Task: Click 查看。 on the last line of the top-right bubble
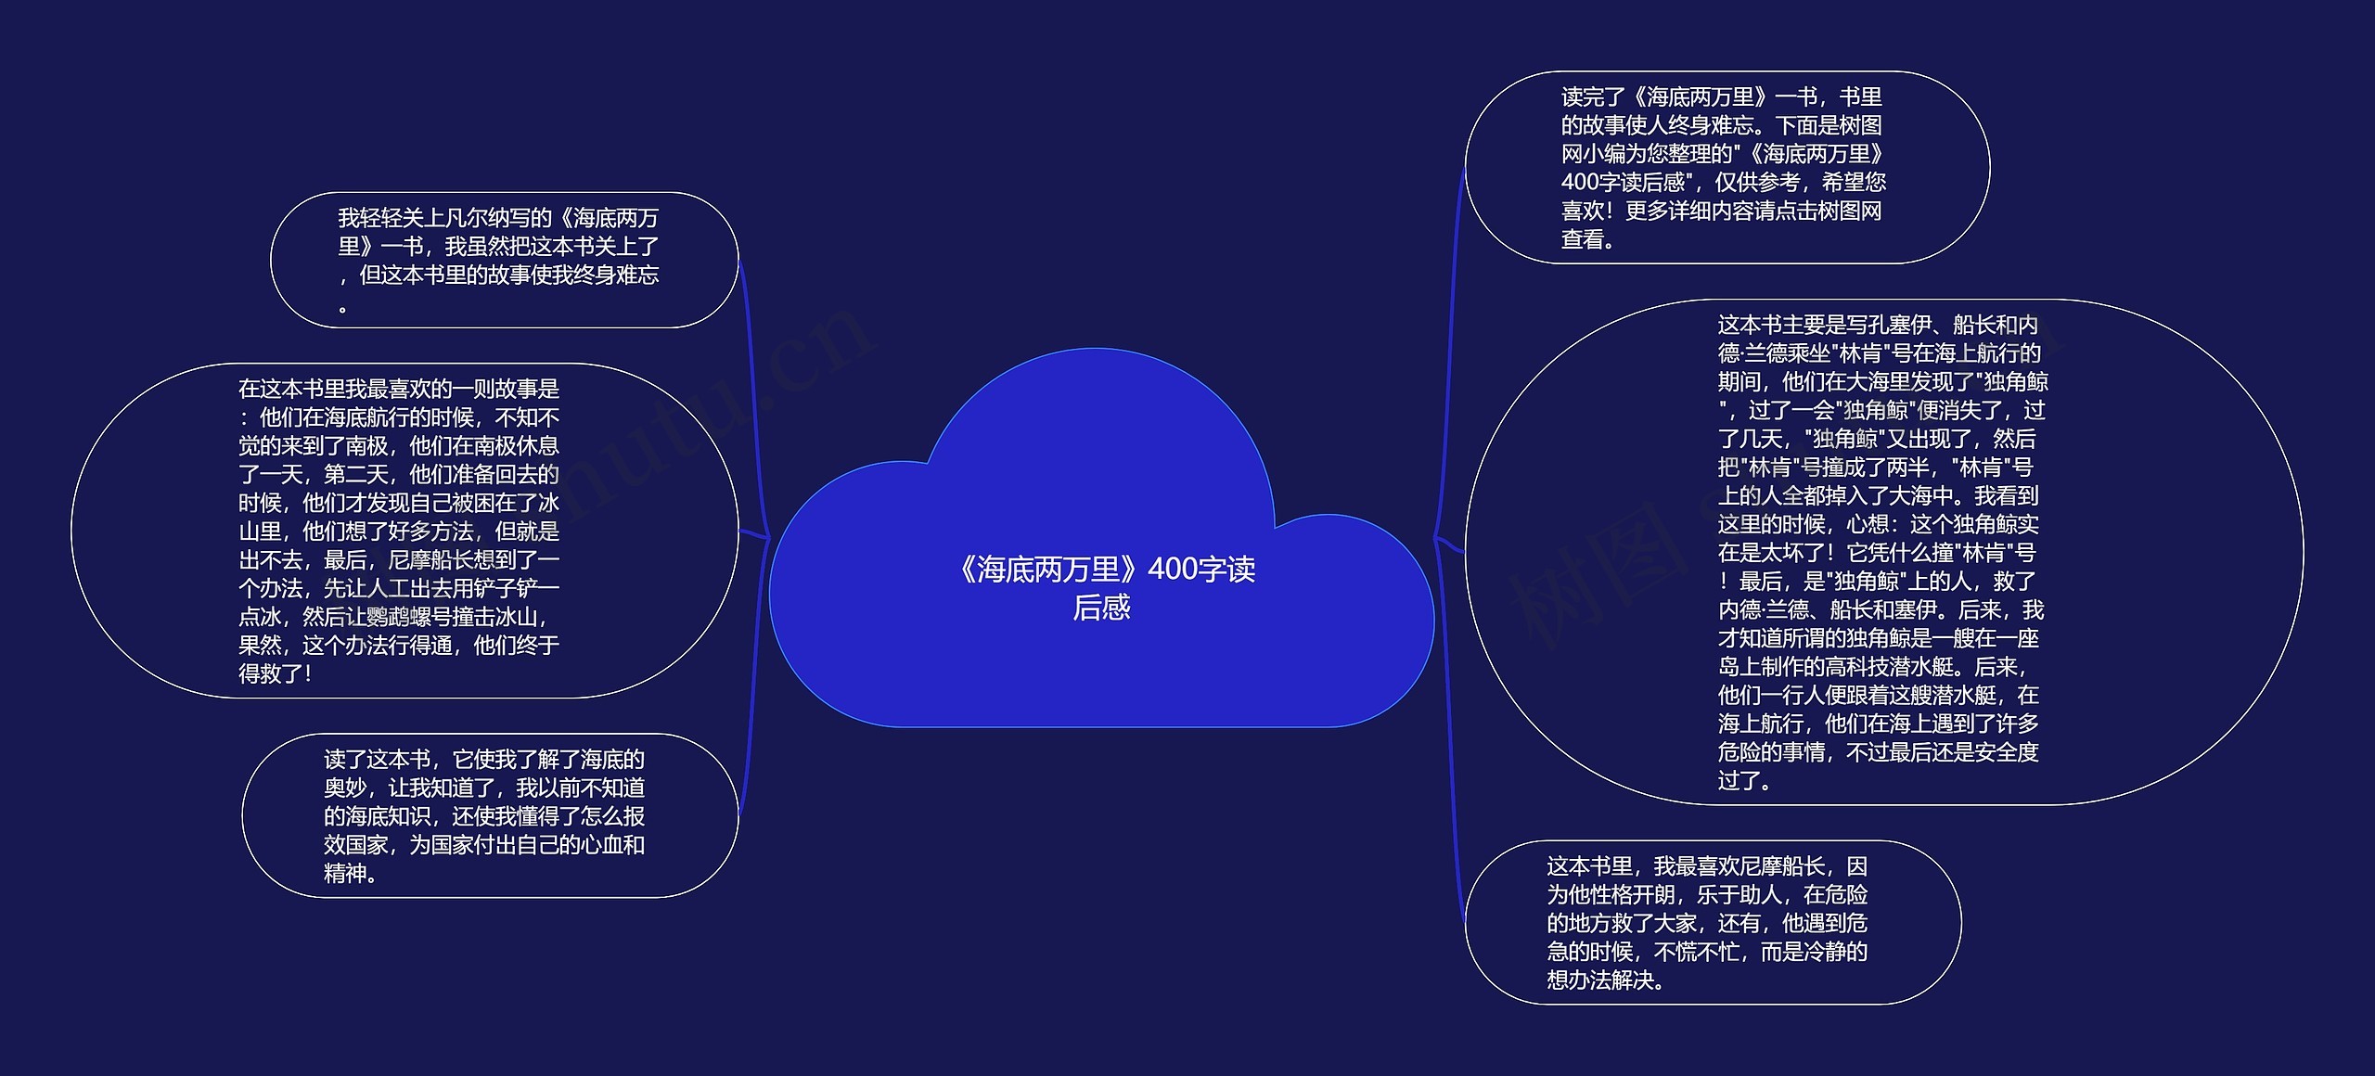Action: [1589, 240]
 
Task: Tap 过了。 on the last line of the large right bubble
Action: [1745, 781]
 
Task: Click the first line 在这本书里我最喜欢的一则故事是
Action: [399, 389]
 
